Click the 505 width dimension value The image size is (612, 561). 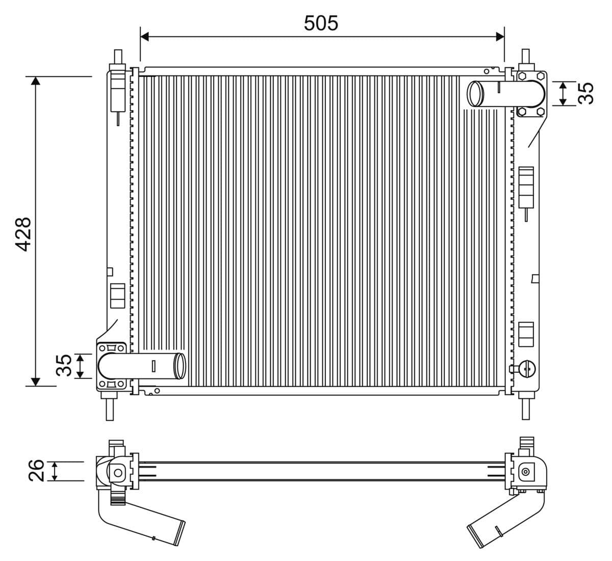(x=321, y=23)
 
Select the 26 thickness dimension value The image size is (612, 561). (x=36, y=470)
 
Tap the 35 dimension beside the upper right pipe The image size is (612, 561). (x=588, y=93)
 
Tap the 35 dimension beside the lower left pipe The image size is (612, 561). (x=63, y=365)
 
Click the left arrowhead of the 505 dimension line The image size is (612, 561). (x=144, y=36)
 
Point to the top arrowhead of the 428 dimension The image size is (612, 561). (x=35, y=81)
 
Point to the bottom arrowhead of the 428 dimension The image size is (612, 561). (x=35, y=381)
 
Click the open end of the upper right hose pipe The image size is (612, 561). (x=475, y=94)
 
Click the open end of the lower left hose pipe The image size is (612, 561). (x=180, y=366)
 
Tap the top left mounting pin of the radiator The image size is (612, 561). (x=118, y=57)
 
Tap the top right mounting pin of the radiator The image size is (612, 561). (x=525, y=57)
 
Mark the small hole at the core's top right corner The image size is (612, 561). (x=487, y=71)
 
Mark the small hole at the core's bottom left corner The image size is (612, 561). (x=157, y=391)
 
